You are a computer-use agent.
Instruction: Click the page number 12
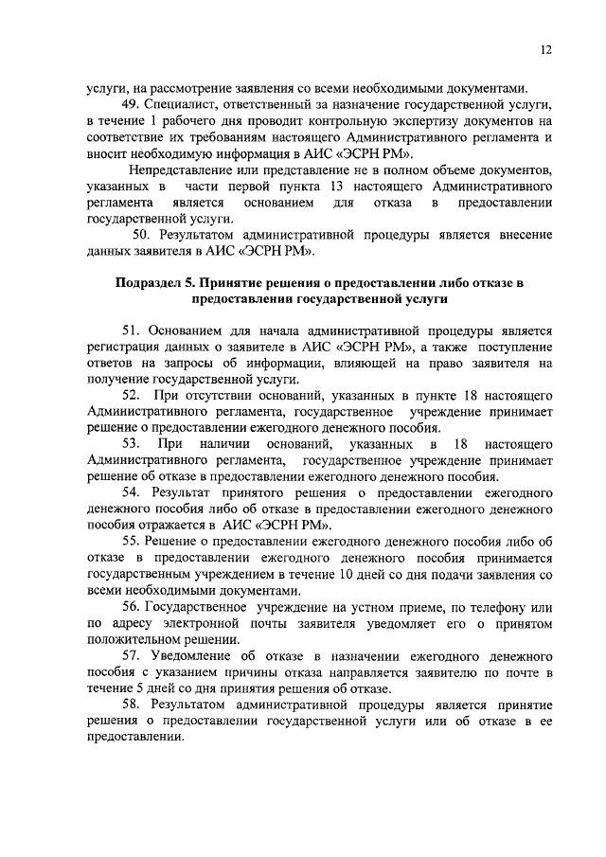click(x=547, y=50)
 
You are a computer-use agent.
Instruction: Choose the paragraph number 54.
click(x=132, y=493)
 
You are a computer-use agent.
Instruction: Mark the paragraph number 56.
click(x=132, y=606)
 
